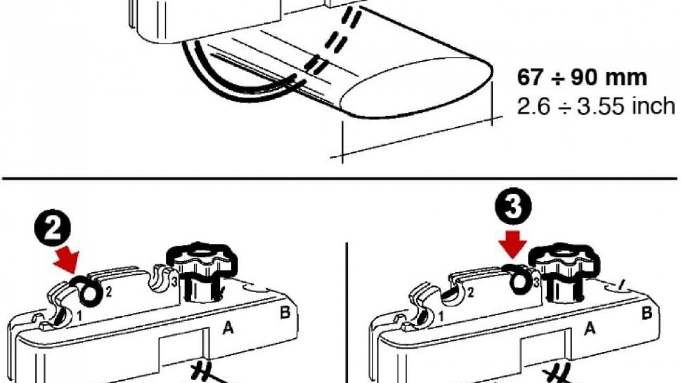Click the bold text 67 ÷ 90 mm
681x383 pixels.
pos(582,78)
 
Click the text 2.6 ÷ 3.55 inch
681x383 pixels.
pos(596,106)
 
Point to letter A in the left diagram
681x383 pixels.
pos(228,329)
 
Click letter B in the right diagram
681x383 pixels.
pos(647,313)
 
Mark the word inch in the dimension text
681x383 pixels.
pos(653,106)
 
